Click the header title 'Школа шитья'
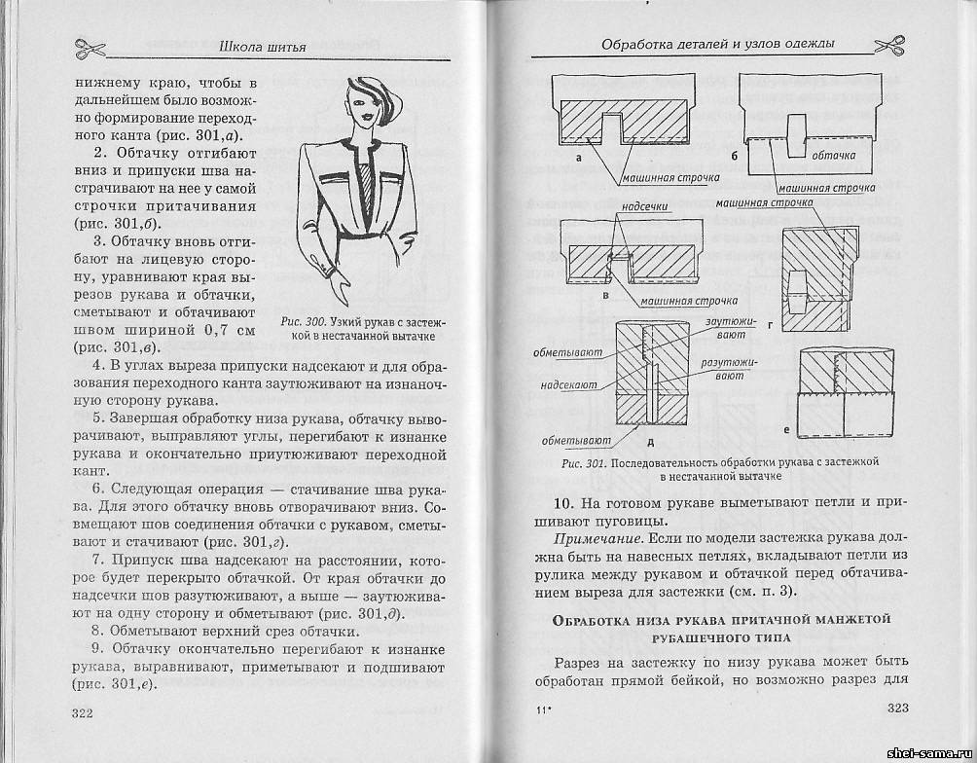click(x=264, y=47)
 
